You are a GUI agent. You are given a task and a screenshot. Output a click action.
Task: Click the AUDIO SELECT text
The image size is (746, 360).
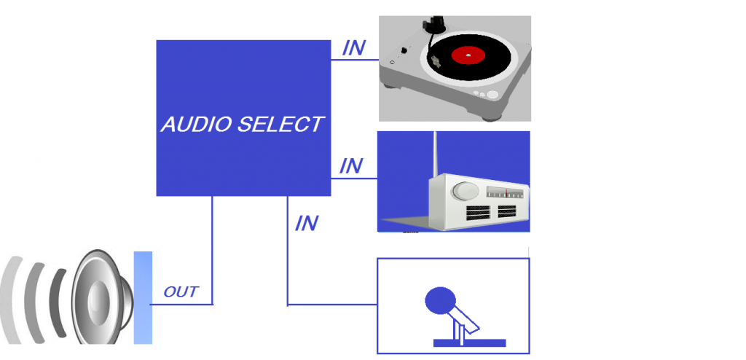[243, 125]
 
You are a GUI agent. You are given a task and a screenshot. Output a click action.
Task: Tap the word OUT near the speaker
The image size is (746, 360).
[181, 292]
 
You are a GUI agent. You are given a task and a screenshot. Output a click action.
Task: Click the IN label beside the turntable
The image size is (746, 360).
[353, 48]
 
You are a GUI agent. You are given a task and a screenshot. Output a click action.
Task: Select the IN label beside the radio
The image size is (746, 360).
[351, 165]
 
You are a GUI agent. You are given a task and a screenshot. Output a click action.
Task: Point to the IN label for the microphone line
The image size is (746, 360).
[307, 223]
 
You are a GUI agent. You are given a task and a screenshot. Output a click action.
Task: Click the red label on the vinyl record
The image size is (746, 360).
[468, 55]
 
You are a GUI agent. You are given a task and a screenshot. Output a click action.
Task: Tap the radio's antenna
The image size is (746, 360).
[434, 154]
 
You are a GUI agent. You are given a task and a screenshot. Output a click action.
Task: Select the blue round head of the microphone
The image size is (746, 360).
[440, 300]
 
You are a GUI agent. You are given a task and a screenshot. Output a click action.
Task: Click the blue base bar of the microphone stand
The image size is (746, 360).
[469, 343]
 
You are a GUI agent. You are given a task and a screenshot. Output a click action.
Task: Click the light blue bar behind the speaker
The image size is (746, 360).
[143, 297]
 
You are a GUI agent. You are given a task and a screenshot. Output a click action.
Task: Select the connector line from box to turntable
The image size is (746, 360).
[355, 60]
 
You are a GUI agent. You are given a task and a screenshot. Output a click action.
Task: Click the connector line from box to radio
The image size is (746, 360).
[354, 179]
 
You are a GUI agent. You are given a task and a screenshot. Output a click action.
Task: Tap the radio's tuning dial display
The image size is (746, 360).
[505, 193]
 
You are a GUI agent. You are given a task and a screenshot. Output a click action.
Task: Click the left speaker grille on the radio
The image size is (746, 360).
[478, 213]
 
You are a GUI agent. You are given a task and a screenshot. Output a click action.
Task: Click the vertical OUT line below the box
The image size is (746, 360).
[212, 250]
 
